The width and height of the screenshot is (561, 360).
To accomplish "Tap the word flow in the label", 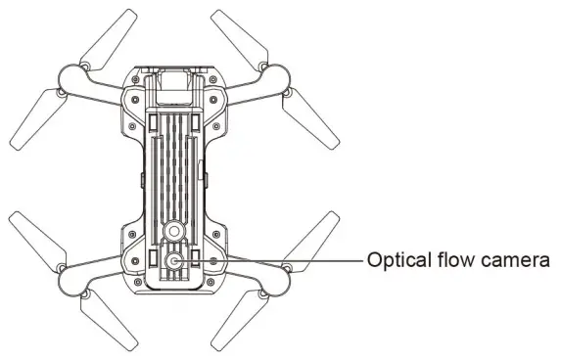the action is coord(451,260).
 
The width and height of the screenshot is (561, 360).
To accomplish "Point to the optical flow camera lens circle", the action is coord(174,261).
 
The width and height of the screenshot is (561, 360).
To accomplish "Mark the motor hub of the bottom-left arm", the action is coord(73,277).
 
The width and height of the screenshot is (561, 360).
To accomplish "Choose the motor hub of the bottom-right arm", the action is coord(275,277).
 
